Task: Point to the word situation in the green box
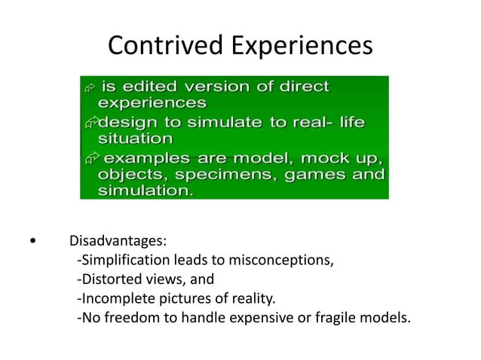tap(136, 139)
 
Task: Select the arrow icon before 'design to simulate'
tap(90, 123)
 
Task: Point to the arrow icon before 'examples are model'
tap(91, 158)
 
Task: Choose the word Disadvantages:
tap(118, 243)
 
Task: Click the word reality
tap(253, 298)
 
